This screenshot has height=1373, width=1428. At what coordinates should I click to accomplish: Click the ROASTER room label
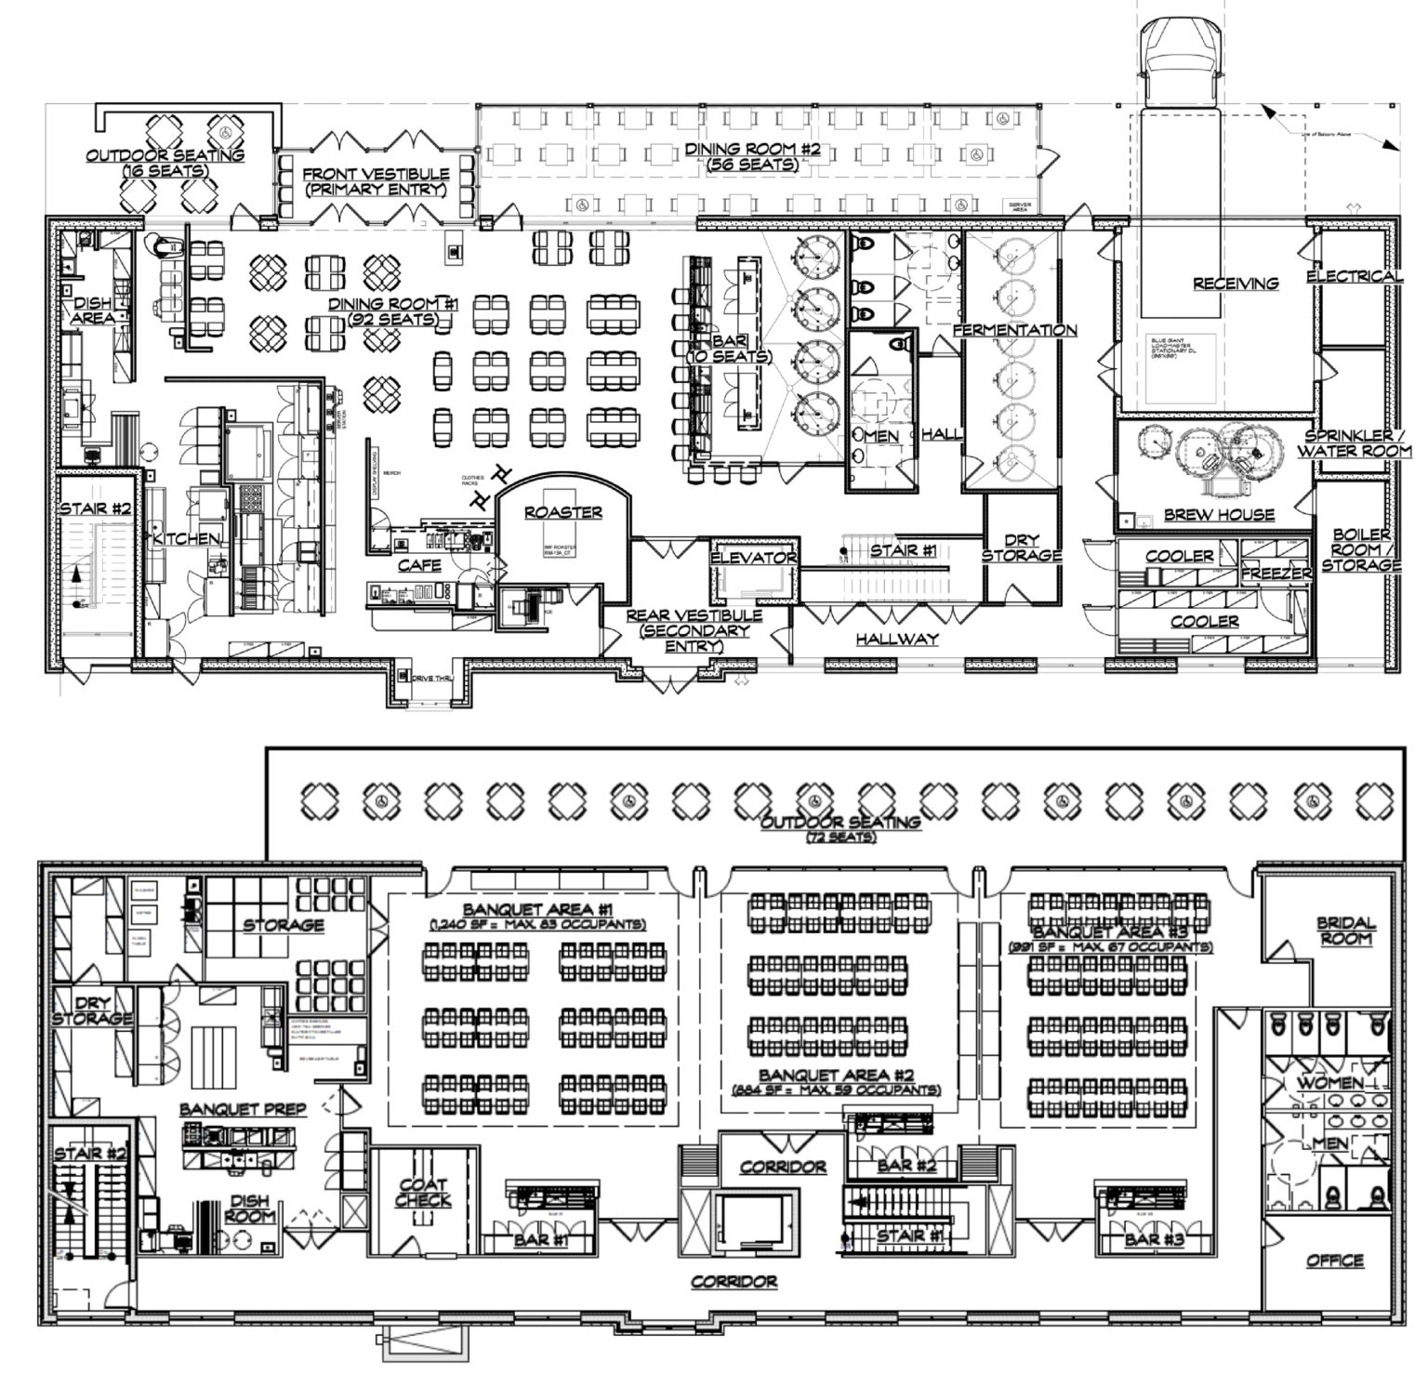pyautogui.click(x=562, y=512)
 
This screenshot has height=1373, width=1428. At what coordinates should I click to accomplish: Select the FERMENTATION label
pyautogui.click(x=1014, y=330)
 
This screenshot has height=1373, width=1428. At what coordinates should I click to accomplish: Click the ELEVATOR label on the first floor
pyautogui.click(x=753, y=558)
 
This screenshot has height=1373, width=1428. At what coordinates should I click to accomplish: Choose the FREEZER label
pyautogui.click(x=1276, y=574)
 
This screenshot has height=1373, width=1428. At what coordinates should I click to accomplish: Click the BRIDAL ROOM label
pyautogui.click(x=1345, y=931)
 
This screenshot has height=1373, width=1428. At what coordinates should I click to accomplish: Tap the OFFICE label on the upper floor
pyautogui.click(x=1334, y=1261)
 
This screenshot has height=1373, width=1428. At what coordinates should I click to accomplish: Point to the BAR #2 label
pyautogui.click(x=894, y=1165)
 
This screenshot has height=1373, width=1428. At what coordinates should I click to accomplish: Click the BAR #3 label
pyautogui.click(x=1154, y=1239)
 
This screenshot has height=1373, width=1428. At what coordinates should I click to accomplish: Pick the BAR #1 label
pyautogui.click(x=540, y=1239)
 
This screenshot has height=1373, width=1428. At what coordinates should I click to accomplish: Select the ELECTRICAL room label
pyautogui.click(x=1354, y=276)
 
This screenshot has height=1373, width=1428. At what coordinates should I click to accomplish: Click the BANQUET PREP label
pyautogui.click(x=244, y=1109)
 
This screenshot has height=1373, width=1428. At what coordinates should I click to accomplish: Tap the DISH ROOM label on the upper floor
pyautogui.click(x=250, y=1208)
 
